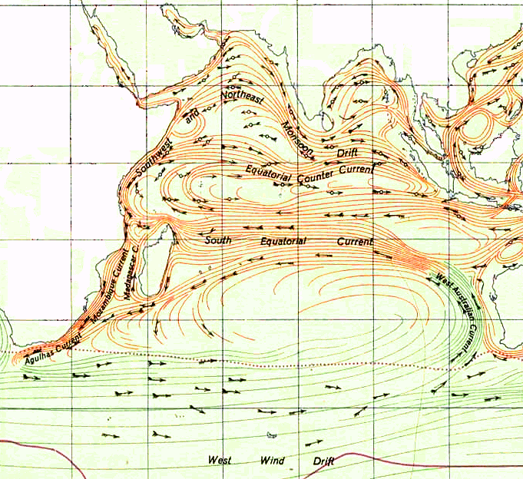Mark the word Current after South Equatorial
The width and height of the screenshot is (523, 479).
354,242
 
